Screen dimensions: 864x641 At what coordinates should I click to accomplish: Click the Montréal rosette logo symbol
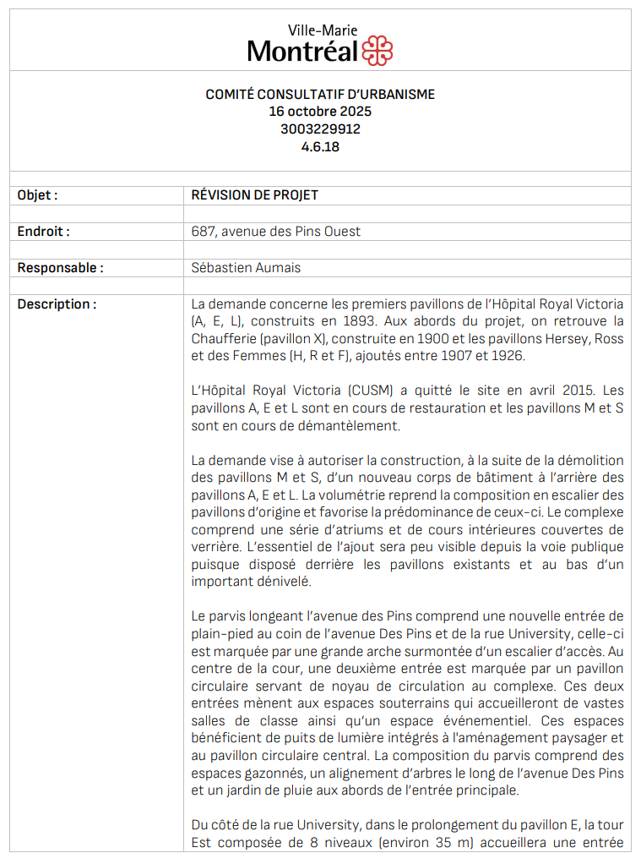[377, 51]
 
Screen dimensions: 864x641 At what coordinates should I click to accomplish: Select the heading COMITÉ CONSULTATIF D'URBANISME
[320, 95]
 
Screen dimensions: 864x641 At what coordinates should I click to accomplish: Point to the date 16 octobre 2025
[320, 112]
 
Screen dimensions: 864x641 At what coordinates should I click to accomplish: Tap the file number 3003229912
[320, 129]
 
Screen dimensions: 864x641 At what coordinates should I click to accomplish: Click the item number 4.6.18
[320, 146]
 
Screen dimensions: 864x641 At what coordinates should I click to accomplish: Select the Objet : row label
[38, 195]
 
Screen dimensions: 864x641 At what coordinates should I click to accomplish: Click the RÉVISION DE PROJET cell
[255, 195]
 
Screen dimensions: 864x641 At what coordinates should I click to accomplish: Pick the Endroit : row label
[44, 232]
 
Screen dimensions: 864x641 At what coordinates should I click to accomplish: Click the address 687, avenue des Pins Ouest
[276, 232]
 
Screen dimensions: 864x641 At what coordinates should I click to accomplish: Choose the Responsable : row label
[61, 268]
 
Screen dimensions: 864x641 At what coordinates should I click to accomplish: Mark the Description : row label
[57, 304]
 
